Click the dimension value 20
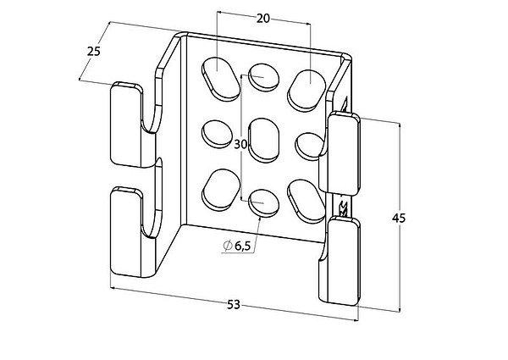pos(263,19)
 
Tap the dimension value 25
pos(94,51)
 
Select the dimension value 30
pos(240,144)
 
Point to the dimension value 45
pos(399,219)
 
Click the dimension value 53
pos(234,305)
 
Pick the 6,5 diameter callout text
pos(243,246)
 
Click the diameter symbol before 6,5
pos(228,246)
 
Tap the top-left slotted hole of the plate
pos(221,80)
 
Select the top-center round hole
pos(263,77)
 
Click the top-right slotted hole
pos(306,91)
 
